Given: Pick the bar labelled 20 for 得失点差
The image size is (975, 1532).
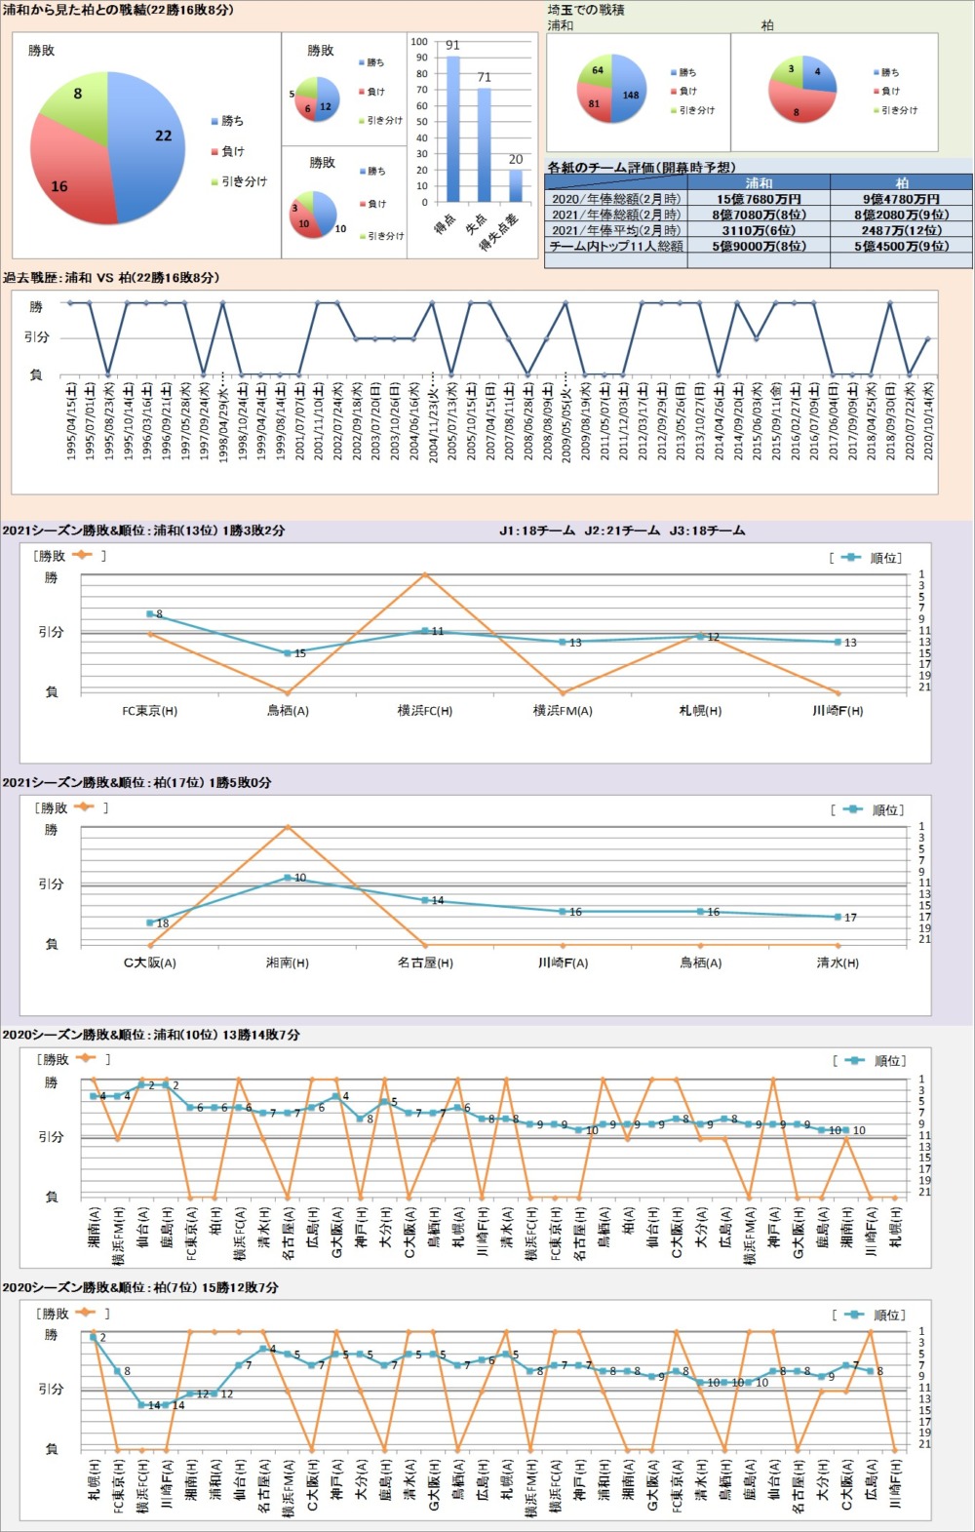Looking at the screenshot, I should (x=516, y=185).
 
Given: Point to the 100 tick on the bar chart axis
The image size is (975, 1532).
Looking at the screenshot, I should (x=419, y=42).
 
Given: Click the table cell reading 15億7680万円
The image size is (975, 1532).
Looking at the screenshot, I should (x=759, y=199).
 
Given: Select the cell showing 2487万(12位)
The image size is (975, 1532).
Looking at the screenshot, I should (x=902, y=230).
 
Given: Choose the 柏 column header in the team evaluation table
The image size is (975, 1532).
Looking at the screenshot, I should (x=902, y=182).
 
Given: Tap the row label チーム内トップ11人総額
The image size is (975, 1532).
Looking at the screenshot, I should (x=615, y=246).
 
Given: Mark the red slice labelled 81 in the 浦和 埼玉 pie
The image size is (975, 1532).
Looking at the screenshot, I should (x=596, y=103).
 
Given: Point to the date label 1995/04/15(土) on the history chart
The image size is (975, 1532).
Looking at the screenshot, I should (x=70, y=420).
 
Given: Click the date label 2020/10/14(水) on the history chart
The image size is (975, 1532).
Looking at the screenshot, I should (x=928, y=420).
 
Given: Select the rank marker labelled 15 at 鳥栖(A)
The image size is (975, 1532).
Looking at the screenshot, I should (x=288, y=652).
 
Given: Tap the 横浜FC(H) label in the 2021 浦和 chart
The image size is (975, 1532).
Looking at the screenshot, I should (x=425, y=711).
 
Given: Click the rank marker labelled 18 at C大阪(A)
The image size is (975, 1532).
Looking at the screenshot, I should (x=150, y=922).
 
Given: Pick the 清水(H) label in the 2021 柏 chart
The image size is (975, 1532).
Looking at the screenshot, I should (x=838, y=962).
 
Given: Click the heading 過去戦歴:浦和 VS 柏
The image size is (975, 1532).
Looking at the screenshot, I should (x=111, y=278).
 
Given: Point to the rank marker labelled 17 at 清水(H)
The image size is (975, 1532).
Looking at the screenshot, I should (x=838, y=917).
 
